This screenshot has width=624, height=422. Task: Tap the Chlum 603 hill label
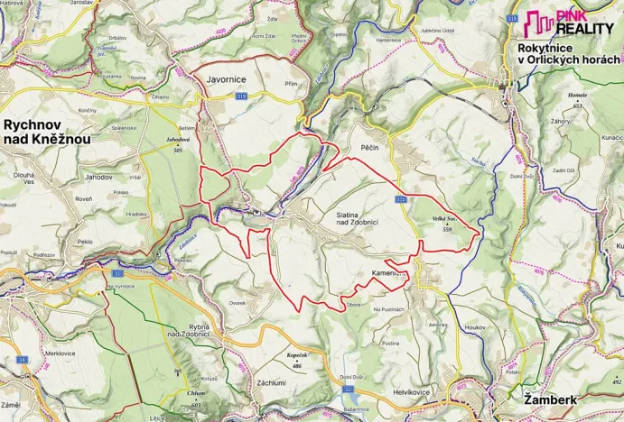pyautogui.click(x=196, y=397)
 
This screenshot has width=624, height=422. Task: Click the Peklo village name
pyautogui.click(x=86, y=243)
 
